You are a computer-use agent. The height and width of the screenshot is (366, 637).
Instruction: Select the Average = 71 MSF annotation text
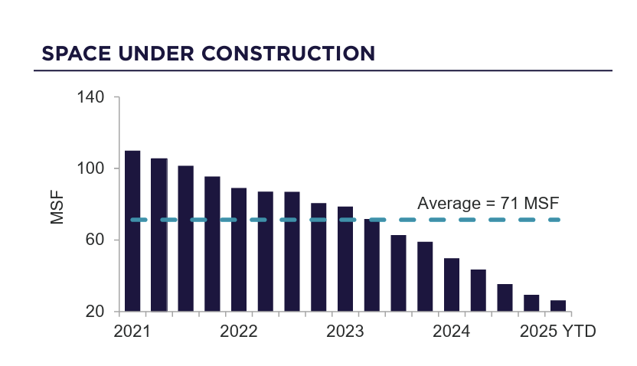coord(488,204)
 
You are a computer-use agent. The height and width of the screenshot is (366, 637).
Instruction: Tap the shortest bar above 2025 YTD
coord(558,306)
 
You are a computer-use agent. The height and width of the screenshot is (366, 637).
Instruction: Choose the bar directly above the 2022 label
coord(239,250)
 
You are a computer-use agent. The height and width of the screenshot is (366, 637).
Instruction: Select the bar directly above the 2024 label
coord(452,285)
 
